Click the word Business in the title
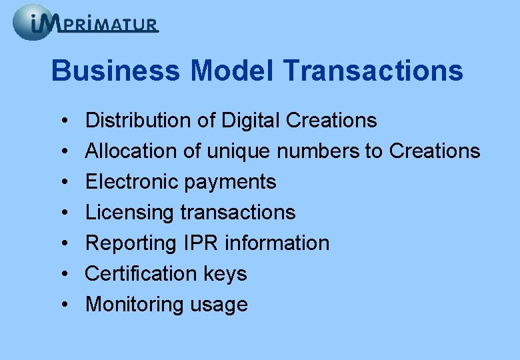[x=115, y=71]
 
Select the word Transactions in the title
[x=374, y=71]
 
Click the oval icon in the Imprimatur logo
[x=32, y=22]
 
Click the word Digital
[x=247, y=121]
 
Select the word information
[x=277, y=243]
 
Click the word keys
[x=226, y=275]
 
